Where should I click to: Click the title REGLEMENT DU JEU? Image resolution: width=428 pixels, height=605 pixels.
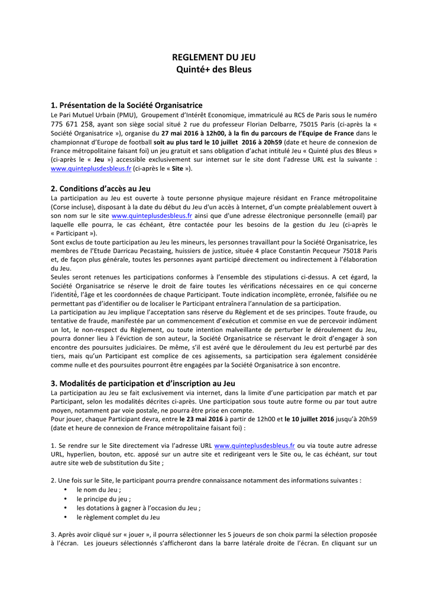click(x=214, y=57)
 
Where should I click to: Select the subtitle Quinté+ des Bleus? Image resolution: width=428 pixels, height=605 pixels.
click(x=214, y=70)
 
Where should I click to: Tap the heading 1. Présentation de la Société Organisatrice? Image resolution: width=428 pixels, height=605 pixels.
click(x=127, y=105)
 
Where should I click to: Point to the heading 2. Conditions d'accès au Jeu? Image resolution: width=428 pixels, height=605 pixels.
click(x=100, y=188)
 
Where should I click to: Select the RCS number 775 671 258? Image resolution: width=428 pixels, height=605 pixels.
click(x=72, y=124)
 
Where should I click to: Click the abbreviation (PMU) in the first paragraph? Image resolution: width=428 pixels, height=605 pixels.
click(x=127, y=115)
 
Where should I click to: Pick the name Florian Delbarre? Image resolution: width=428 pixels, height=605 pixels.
click(x=269, y=124)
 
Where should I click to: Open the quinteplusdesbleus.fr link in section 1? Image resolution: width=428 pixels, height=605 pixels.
click(x=91, y=168)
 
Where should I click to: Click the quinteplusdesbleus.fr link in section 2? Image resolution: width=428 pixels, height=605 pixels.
click(x=152, y=216)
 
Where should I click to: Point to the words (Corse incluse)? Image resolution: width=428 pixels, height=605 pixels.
click(x=73, y=207)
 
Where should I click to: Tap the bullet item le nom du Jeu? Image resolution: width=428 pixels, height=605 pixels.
click(x=99, y=490)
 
